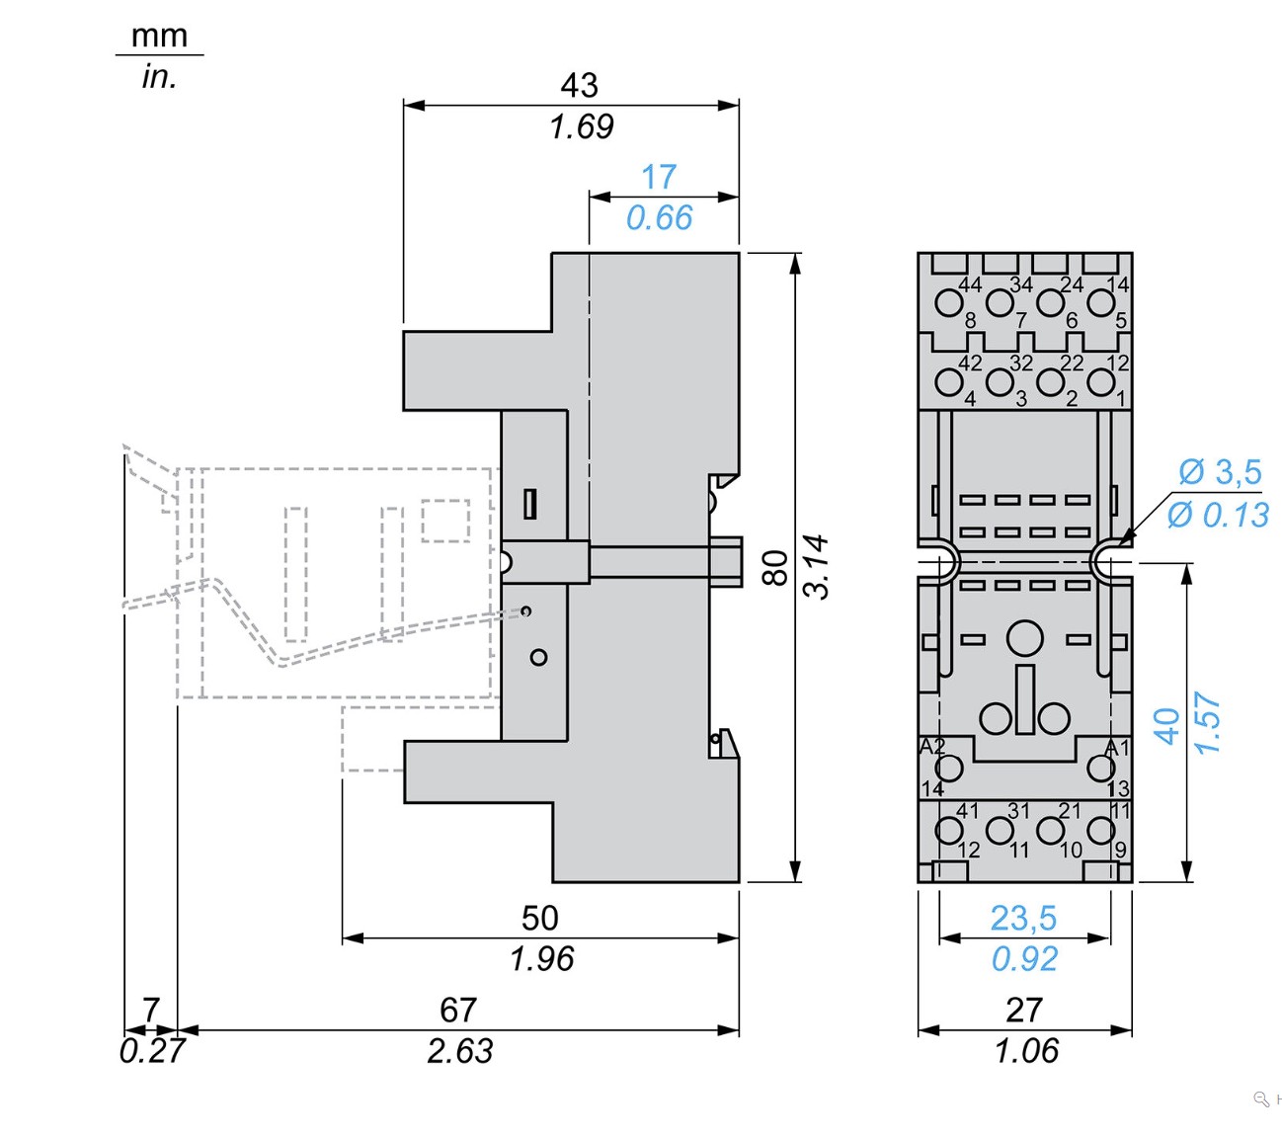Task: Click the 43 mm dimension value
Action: [579, 85]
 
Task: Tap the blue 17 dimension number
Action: [659, 177]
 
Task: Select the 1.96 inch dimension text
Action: [541, 958]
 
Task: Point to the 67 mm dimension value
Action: [457, 1010]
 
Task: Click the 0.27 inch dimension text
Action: [151, 1051]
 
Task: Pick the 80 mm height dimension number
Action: [777, 568]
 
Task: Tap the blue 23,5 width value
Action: [1023, 918]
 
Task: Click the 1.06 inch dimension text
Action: [1026, 1051]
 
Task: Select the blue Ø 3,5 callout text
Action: [1220, 472]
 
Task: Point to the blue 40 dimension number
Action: [1166, 726]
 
